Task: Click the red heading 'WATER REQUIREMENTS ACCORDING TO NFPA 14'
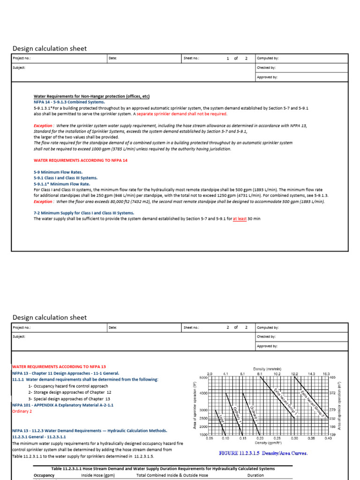[80, 160]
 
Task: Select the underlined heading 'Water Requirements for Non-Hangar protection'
[91, 96]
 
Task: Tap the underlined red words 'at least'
[240, 218]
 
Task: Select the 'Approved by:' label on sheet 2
[267, 346]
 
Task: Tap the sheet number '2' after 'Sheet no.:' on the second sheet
[228, 328]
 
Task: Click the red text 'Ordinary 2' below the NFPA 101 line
[22, 411]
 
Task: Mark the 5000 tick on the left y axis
[203, 377]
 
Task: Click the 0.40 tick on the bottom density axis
[328, 438]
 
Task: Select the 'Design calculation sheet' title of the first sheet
[49, 49]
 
